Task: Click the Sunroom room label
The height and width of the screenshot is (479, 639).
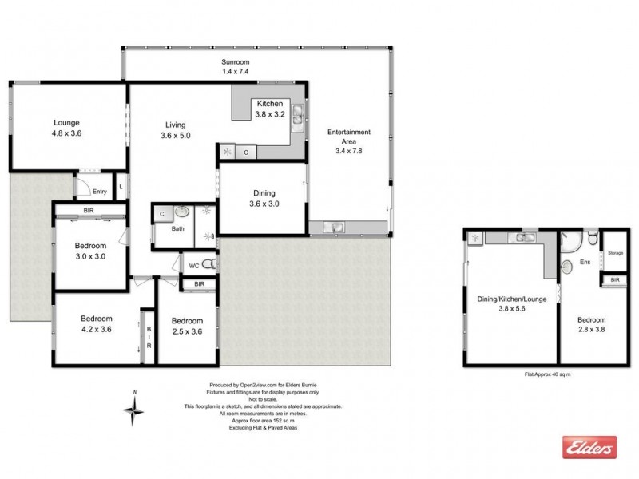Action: click(x=236, y=66)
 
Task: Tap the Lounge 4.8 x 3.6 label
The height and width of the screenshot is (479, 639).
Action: click(x=66, y=128)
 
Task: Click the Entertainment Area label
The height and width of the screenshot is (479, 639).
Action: click(x=352, y=141)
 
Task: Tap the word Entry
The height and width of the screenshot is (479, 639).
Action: click(x=99, y=191)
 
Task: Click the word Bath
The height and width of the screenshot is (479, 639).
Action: click(x=177, y=228)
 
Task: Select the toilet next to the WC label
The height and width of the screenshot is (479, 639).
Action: click(x=209, y=264)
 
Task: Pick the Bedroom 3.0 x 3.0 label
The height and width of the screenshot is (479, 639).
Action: click(x=91, y=251)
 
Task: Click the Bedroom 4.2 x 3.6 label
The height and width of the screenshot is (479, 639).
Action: click(x=96, y=323)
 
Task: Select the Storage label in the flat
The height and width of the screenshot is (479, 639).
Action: click(x=614, y=253)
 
